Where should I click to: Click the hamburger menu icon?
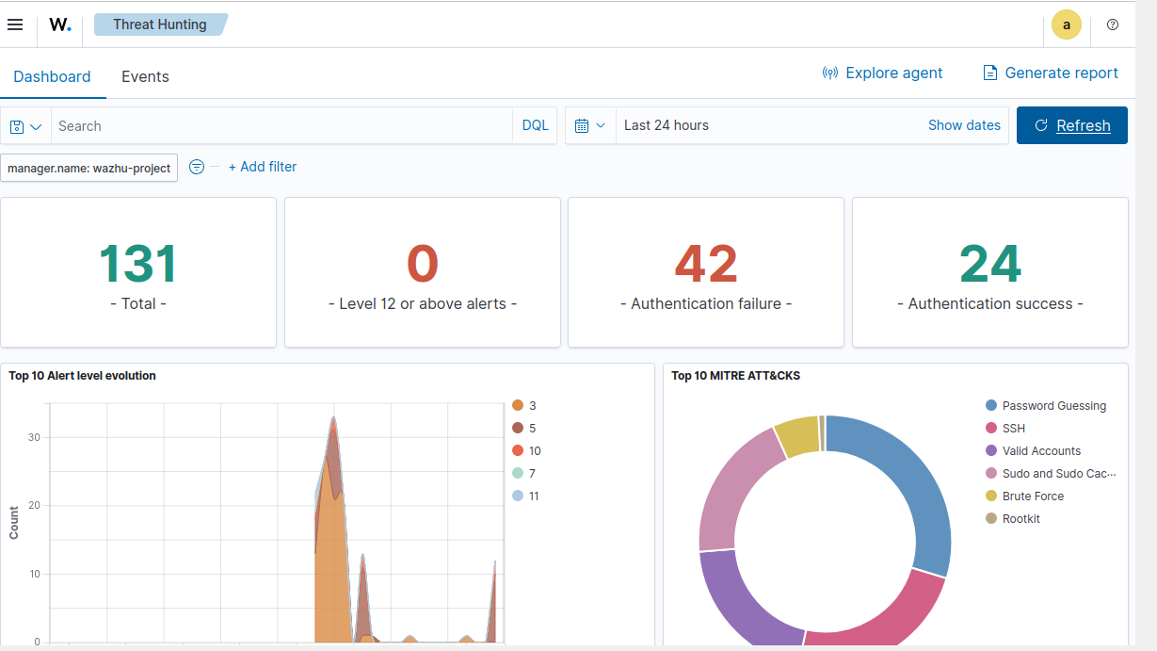[x=15, y=24]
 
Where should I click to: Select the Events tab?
[x=145, y=76]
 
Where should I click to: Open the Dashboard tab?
[x=52, y=76]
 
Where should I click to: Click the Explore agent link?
[x=882, y=73]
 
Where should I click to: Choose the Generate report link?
[x=1050, y=73]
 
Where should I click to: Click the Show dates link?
[x=964, y=125]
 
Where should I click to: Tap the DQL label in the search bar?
[x=535, y=125]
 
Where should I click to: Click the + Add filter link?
[x=263, y=167]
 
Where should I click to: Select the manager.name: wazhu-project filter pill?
[x=88, y=168]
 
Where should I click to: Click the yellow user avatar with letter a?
[x=1066, y=24]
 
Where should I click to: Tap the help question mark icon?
[x=1113, y=24]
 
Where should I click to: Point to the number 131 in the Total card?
[x=137, y=264]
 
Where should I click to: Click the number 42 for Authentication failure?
[x=706, y=264]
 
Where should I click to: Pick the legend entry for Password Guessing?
[x=1046, y=406]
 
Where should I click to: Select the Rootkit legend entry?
[x=1012, y=518]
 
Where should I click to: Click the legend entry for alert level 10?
[x=526, y=451]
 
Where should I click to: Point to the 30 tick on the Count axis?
[x=34, y=437]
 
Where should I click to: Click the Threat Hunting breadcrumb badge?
[x=160, y=24]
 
